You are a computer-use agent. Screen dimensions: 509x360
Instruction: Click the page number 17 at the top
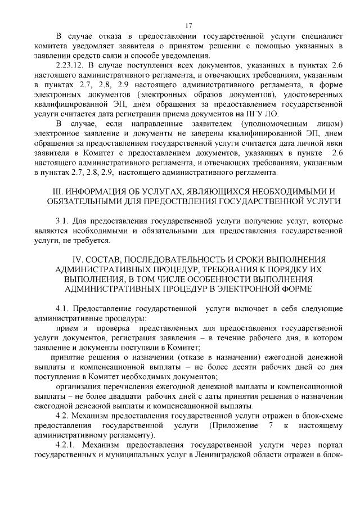[x=188, y=25]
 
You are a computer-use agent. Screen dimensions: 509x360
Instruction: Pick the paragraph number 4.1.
[x=62, y=309]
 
